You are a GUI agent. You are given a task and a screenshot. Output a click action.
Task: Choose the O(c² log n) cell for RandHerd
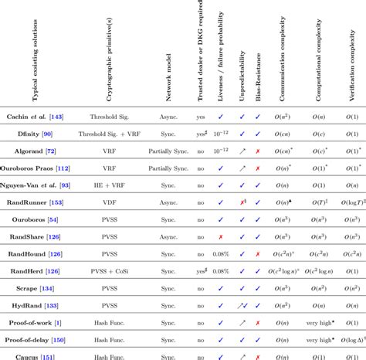click(x=296, y=271)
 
